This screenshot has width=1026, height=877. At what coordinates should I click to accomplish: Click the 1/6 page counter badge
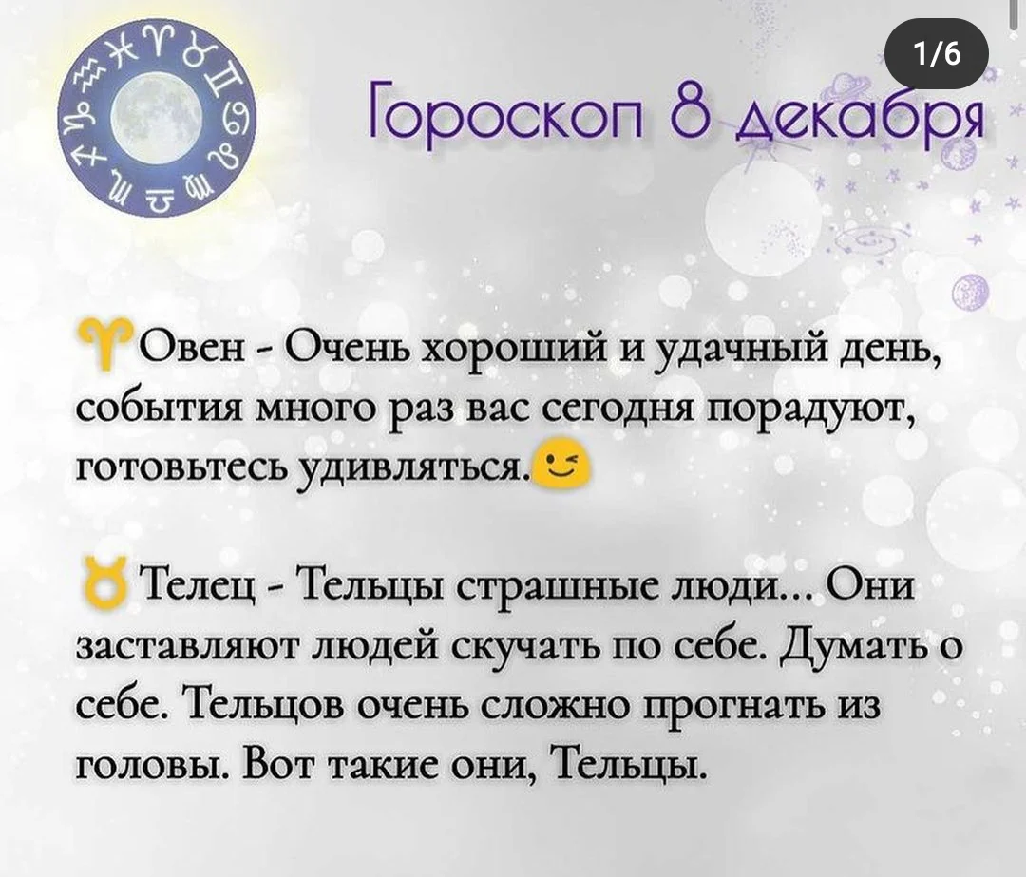936,55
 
